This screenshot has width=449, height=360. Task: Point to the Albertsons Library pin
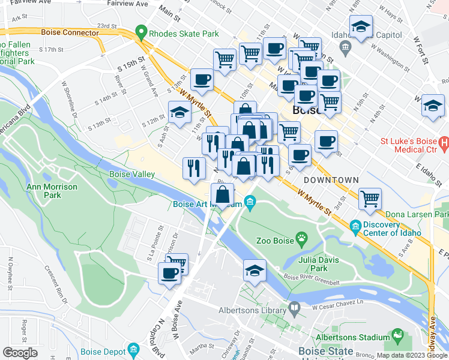pos(294,310)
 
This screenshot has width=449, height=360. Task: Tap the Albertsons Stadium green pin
pos(397,334)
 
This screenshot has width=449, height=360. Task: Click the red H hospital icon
pos(444,143)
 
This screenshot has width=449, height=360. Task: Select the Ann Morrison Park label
pos(52,191)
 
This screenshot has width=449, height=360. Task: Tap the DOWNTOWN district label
pos(331,180)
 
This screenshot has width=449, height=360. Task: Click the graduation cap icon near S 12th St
pos(179,112)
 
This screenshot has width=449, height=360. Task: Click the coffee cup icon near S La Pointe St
pos(169,274)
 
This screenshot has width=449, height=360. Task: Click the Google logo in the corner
pos(20,353)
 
